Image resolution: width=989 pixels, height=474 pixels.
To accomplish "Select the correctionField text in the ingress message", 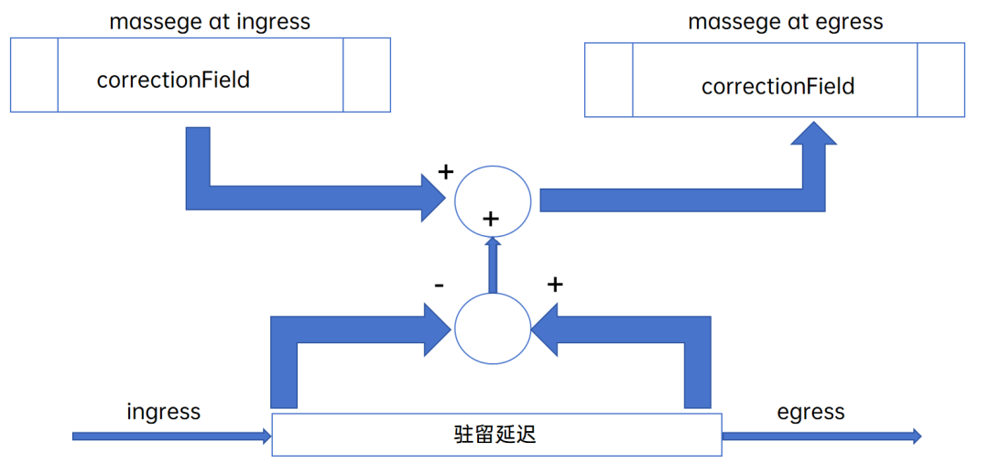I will [x=173, y=80].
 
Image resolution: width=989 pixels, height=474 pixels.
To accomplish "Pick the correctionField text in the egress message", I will [x=777, y=87].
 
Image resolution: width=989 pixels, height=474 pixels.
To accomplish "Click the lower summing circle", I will [x=493, y=328].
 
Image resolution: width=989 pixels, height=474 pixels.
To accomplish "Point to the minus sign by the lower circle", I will [x=440, y=285].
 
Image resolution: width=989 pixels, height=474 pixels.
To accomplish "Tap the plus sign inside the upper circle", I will [x=491, y=219].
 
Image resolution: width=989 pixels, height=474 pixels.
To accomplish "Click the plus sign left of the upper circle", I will [x=446, y=171].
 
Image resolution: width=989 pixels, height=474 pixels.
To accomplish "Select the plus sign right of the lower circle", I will [x=554, y=285].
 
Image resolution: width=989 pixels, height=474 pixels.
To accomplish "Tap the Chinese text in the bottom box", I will [x=494, y=435].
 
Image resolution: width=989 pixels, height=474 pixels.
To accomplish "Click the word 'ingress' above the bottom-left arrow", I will [x=164, y=412].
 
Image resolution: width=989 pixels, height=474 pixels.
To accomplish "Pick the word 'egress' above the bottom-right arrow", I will [x=810, y=412].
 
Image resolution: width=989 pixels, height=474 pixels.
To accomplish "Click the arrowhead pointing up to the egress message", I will [x=813, y=135].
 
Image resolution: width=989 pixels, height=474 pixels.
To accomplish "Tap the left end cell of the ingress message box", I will [x=34, y=74].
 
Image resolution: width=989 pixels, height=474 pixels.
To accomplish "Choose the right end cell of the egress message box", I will [x=940, y=81].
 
